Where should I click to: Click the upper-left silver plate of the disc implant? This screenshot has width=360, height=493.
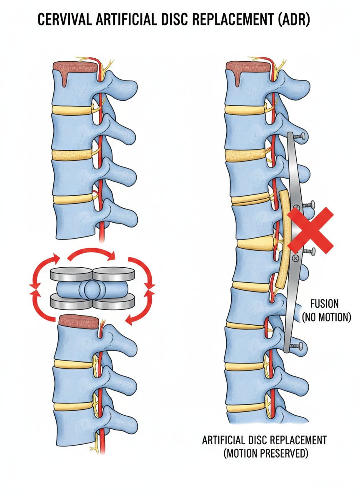(70, 274)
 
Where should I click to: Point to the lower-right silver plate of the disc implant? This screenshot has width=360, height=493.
(113, 301)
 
